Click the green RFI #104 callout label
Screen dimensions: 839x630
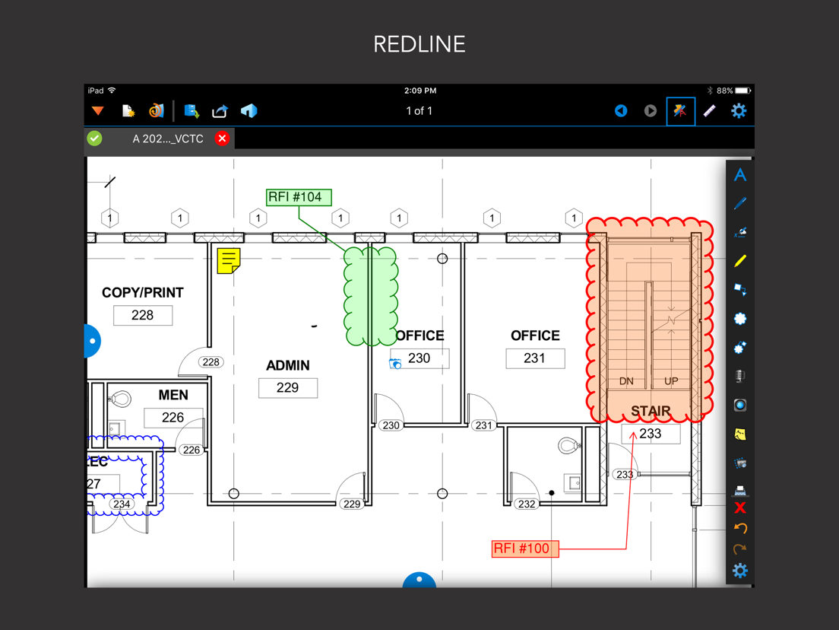click(x=299, y=197)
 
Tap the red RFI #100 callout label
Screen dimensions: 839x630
click(x=525, y=549)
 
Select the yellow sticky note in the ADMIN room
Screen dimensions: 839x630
click(x=229, y=261)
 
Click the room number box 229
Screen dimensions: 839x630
click(x=288, y=388)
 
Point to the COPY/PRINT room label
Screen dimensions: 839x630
click(x=143, y=292)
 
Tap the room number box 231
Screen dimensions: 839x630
click(x=535, y=358)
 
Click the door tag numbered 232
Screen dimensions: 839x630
click(x=527, y=504)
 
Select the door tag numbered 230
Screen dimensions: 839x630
click(x=391, y=425)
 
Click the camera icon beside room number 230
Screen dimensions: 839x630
click(x=395, y=364)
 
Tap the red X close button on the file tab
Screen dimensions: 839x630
click(x=222, y=138)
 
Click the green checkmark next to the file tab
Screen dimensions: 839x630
click(x=95, y=138)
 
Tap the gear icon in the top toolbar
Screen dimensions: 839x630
click(x=739, y=111)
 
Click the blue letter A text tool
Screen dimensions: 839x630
click(x=740, y=175)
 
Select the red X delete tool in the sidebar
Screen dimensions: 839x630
click(x=740, y=508)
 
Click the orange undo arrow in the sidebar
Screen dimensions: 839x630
click(x=740, y=528)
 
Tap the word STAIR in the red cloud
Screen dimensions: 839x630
click(x=651, y=411)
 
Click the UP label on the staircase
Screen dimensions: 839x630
click(x=671, y=381)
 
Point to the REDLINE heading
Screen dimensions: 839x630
click(x=419, y=44)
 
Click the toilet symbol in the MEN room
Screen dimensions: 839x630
click(x=120, y=399)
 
